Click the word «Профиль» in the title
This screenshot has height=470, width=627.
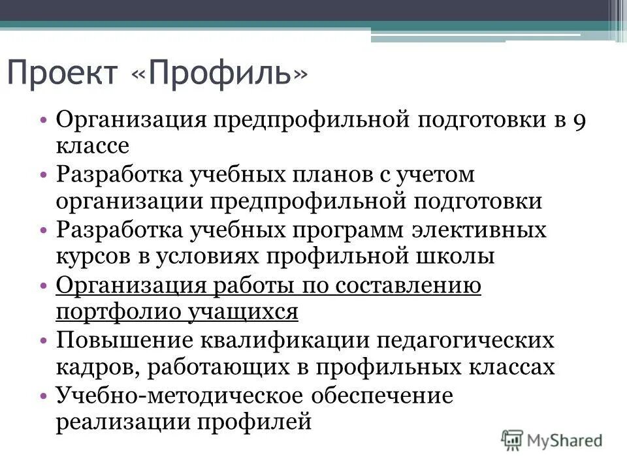pos(219,74)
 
